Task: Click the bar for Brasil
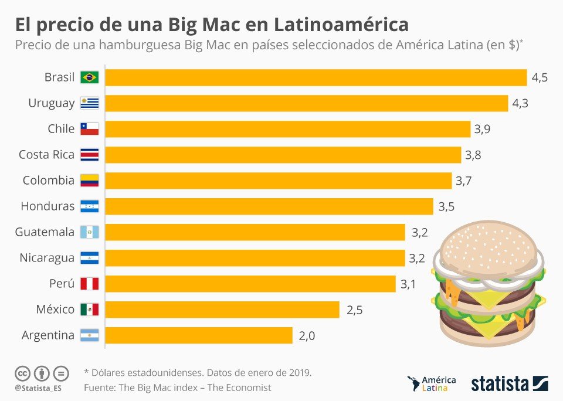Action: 316,77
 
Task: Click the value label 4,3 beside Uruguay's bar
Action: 520,103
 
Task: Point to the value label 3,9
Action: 482,129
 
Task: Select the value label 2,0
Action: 307,335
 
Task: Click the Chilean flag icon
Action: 89,129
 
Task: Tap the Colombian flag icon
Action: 89,181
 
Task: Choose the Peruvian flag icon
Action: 89,284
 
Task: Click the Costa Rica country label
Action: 46,155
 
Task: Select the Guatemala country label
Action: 45,232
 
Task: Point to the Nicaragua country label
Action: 47,258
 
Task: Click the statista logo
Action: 509,384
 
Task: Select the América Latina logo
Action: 432,384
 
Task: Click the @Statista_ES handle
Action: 39,388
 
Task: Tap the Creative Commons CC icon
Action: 22,373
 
